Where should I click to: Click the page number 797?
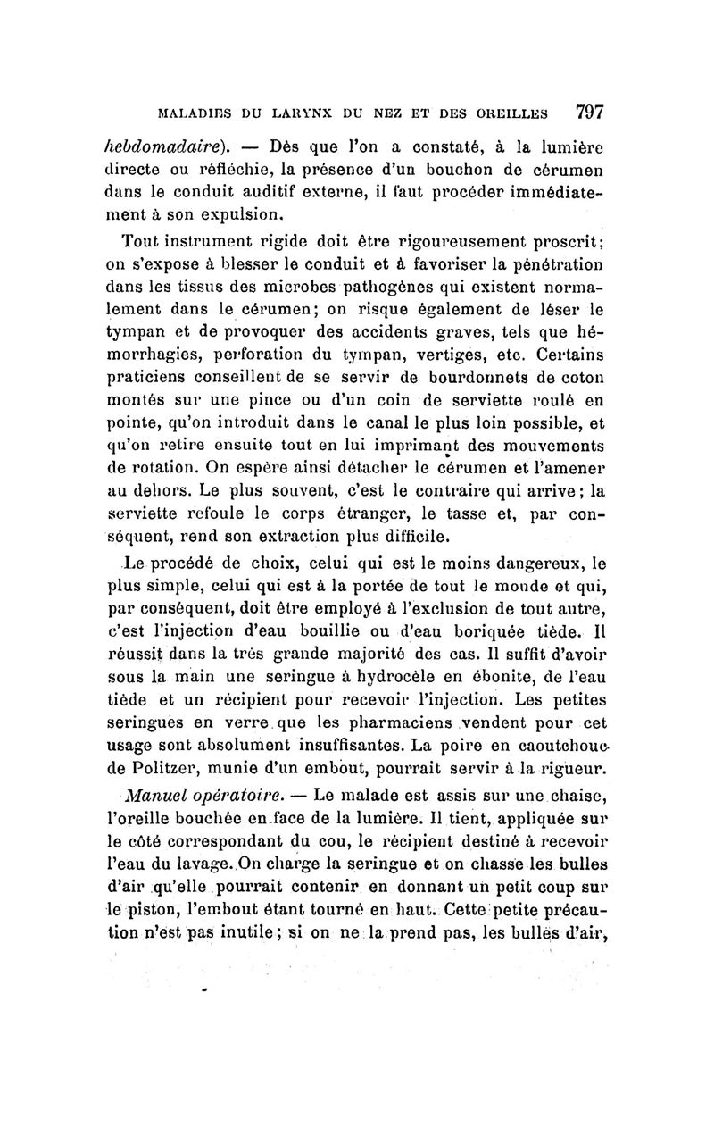pos(590,113)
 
